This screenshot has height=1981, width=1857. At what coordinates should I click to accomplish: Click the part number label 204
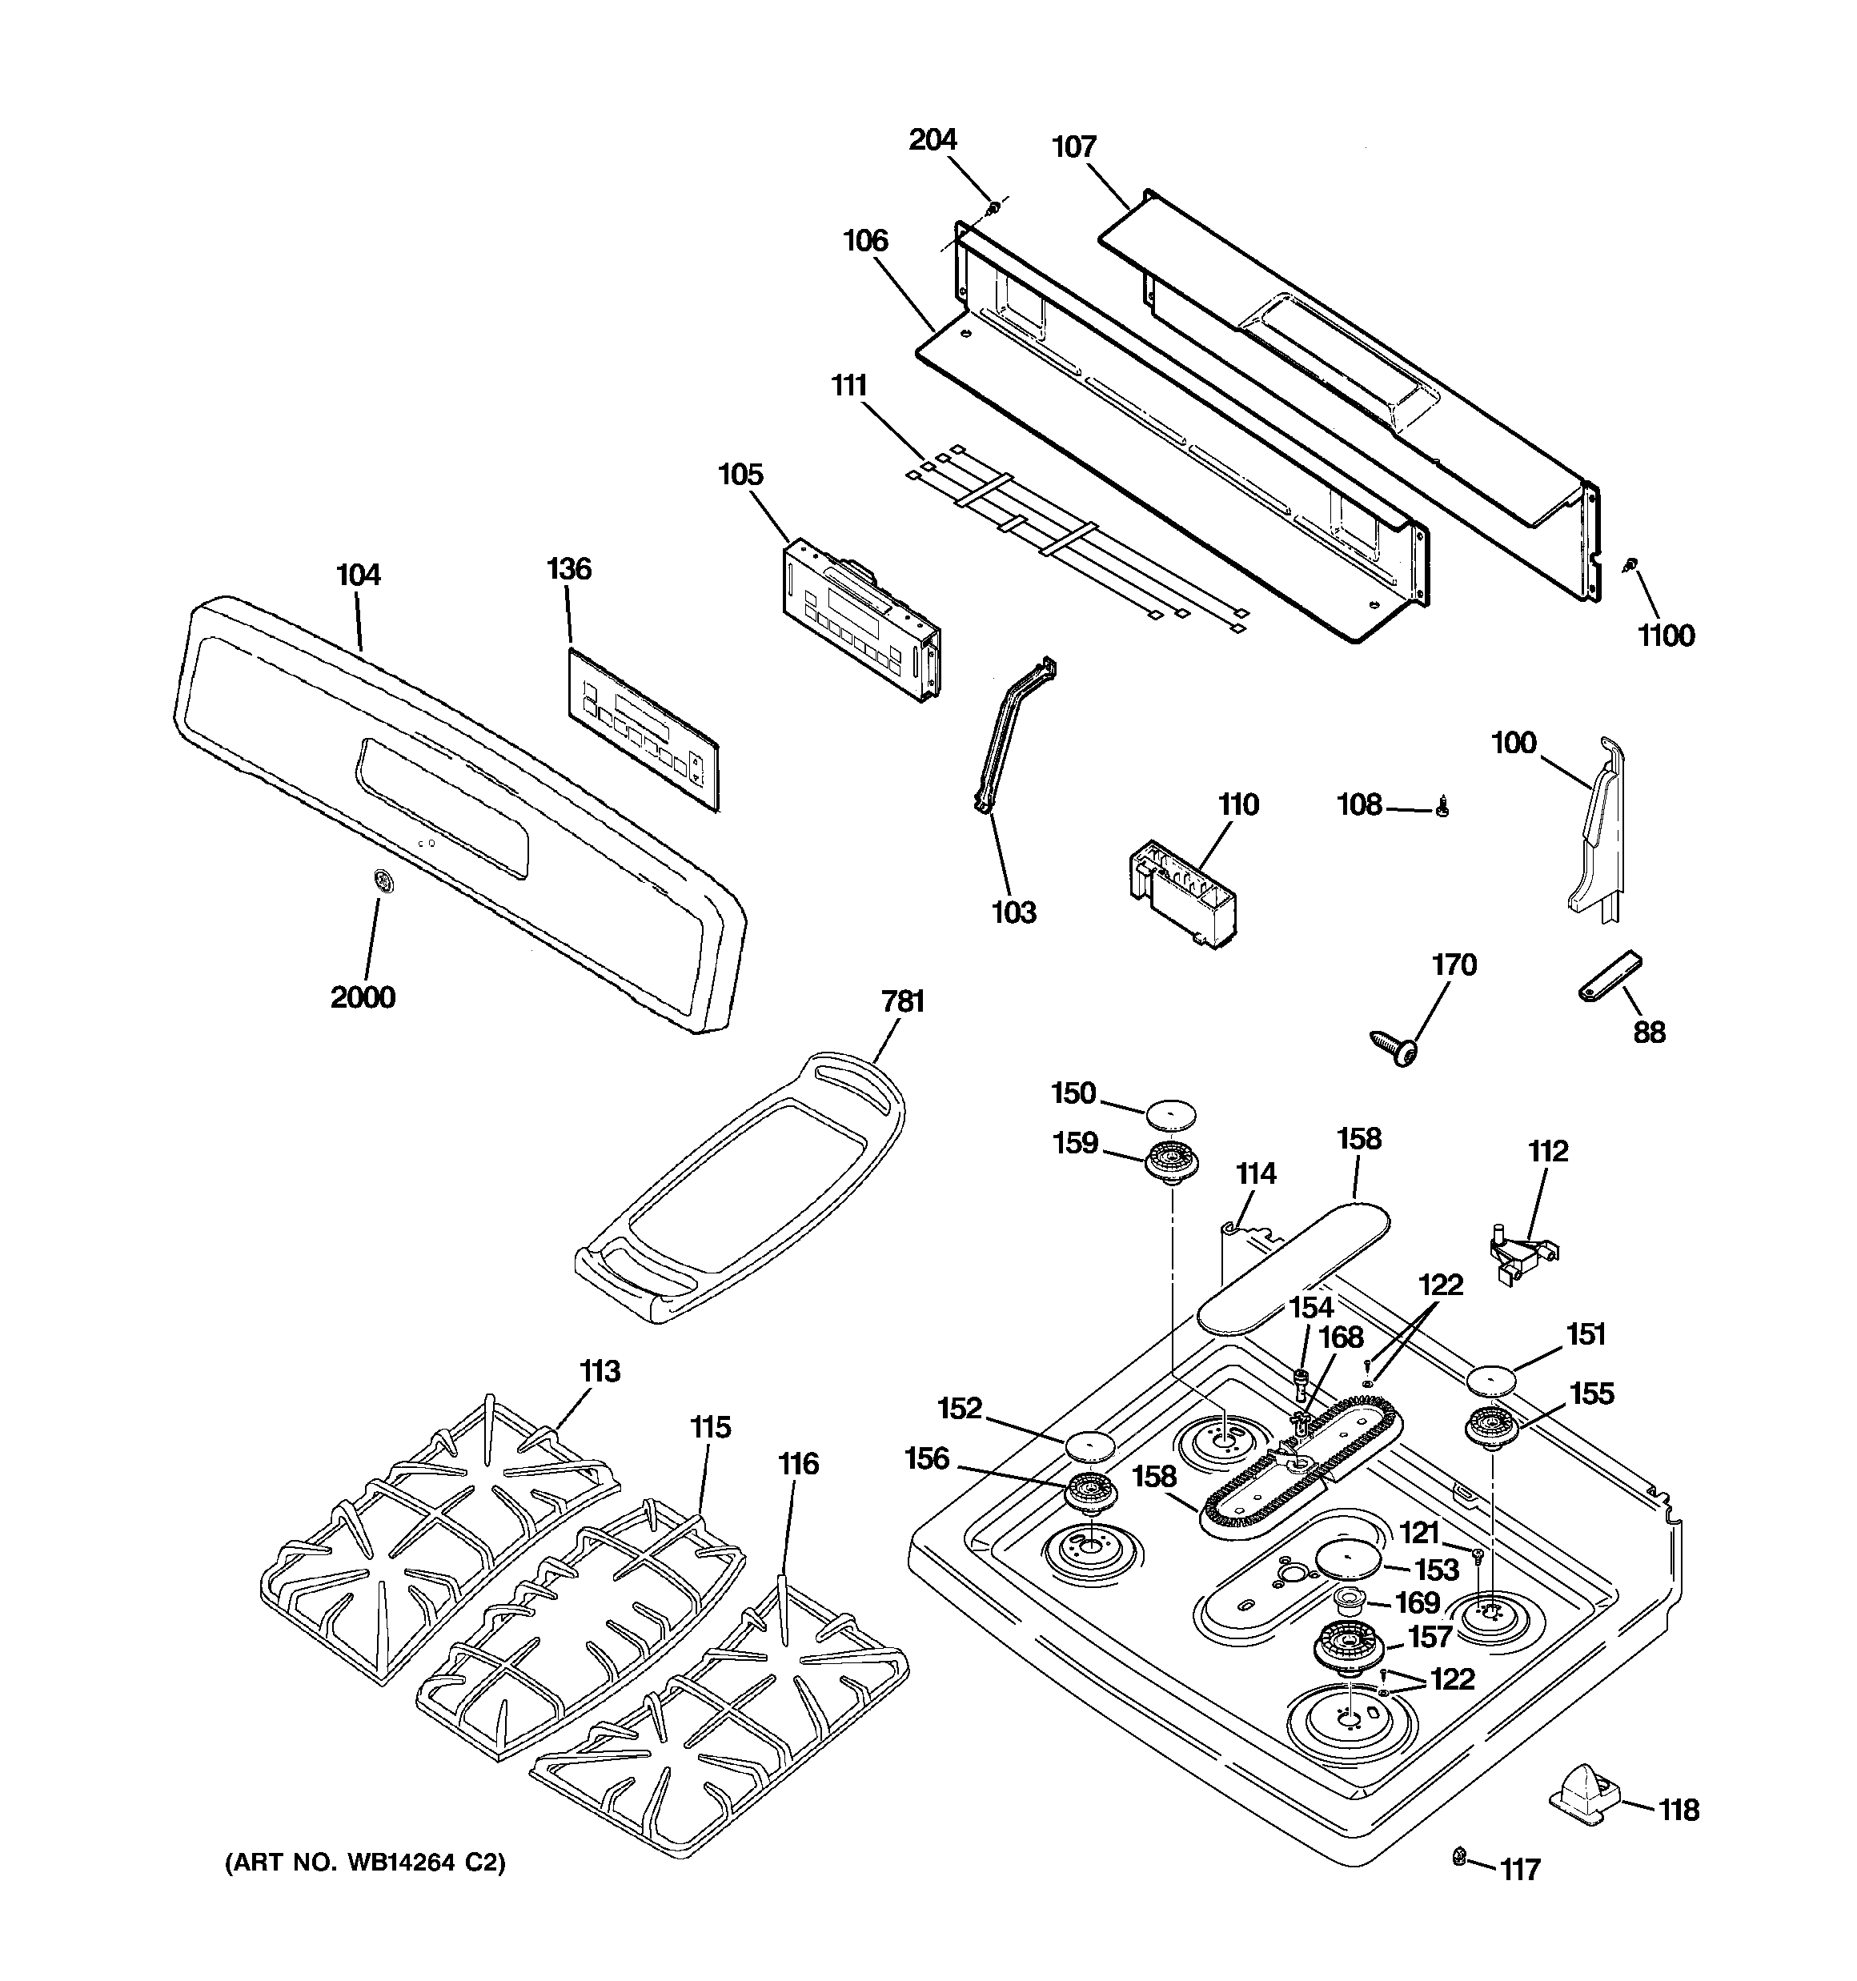932,139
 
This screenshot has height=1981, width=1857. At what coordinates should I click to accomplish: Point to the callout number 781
902,1001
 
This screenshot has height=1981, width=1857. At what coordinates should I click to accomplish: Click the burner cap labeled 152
1089,1444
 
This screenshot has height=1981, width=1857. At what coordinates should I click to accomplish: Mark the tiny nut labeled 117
1459,1855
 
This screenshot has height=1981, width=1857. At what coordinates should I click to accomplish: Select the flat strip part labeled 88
1609,976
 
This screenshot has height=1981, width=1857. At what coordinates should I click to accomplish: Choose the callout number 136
569,569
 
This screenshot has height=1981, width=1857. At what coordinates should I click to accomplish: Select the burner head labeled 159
1171,1163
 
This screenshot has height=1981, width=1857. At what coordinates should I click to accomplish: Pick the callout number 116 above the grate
798,1464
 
